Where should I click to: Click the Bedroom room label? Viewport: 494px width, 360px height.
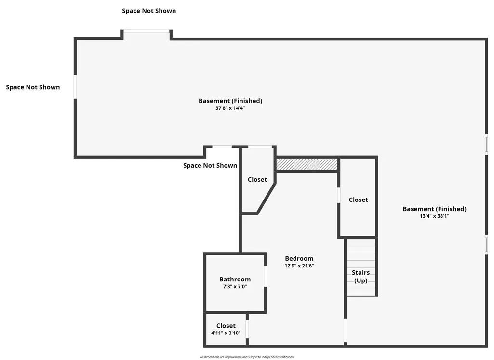[299, 259]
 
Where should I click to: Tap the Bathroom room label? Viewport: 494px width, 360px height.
[235, 280]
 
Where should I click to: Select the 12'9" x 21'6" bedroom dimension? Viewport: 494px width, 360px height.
[299, 266]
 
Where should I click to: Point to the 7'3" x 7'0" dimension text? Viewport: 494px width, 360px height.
[235, 287]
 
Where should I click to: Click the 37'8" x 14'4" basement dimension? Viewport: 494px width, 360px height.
[230, 108]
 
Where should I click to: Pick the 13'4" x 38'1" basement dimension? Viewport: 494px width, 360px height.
[434, 216]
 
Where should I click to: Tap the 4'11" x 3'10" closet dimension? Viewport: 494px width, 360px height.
[226, 333]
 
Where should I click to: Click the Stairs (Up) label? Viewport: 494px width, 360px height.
[360, 277]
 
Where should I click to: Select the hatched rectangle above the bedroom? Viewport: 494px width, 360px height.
[307, 164]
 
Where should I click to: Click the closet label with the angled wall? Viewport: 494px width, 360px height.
[257, 180]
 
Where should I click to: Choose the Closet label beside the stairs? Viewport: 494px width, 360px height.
[358, 200]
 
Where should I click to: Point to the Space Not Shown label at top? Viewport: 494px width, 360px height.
[149, 11]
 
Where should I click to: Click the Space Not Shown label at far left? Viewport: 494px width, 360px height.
[33, 87]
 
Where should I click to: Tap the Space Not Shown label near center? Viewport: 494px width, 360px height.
[210, 166]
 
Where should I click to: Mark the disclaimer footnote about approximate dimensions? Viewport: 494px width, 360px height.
[247, 357]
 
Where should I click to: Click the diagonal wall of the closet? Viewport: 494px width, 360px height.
[266, 199]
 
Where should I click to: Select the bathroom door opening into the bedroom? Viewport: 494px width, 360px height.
[265, 276]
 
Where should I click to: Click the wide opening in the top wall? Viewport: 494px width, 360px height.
[147, 31]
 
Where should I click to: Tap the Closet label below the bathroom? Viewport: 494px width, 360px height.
[226, 326]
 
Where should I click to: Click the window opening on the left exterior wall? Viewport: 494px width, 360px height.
[75, 87]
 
